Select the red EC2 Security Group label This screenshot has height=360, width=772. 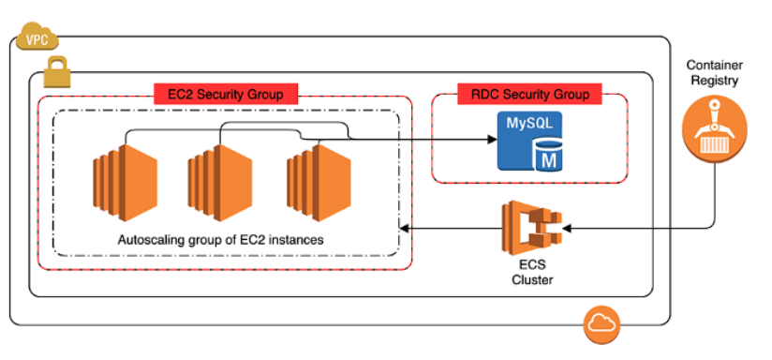tap(225, 94)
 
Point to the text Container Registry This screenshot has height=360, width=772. tap(715, 73)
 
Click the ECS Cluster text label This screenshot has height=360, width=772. tap(531, 272)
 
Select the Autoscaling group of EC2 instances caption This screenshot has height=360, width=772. tap(221, 240)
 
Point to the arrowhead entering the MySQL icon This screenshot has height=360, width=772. tap(492, 141)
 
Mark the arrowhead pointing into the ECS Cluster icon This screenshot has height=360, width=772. tap(566, 228)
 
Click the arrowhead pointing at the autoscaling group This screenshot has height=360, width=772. tap(404, 228)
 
